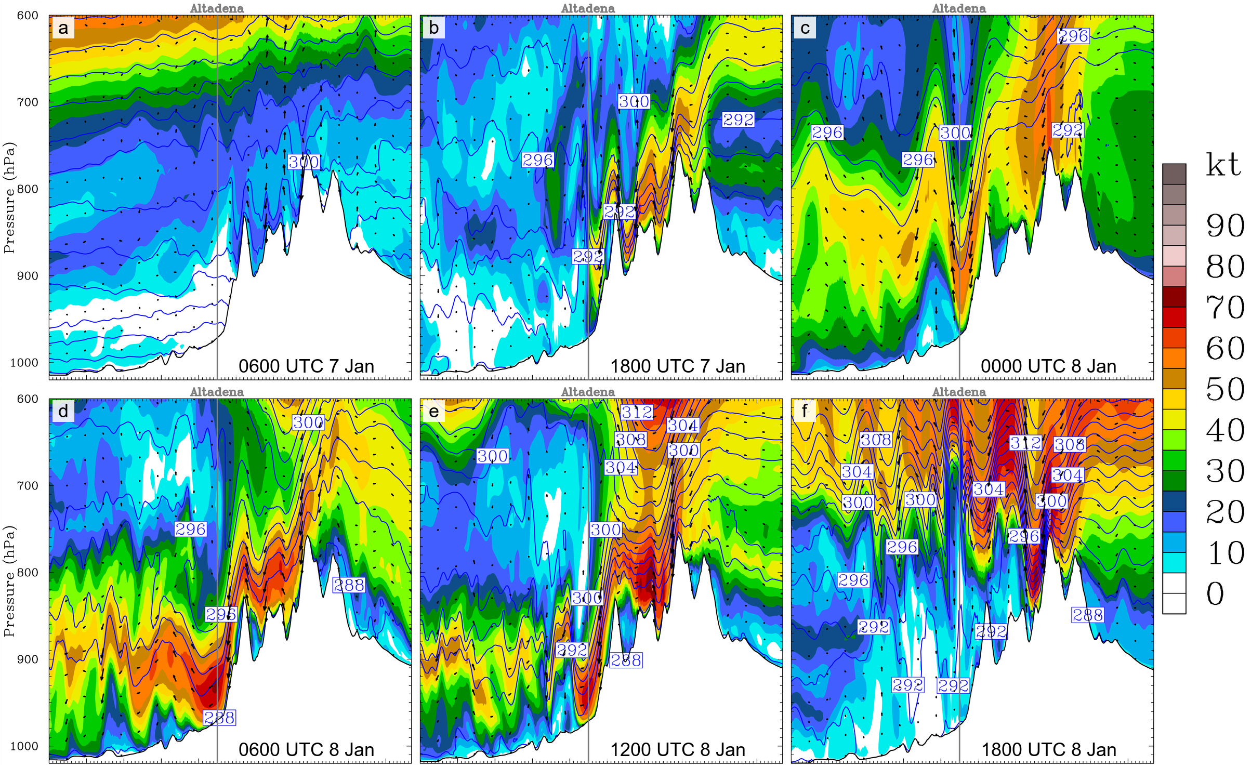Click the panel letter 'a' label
(x=63, y=28)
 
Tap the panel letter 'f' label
(x=804, y=411)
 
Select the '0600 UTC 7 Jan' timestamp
(x=306, y=366)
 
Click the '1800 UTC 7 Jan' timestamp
(x=677, y=366)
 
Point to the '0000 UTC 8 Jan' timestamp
(x=1048, y=366)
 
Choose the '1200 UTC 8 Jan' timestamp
(x=677, y=750)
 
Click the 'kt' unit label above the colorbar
(x=1223, y=166)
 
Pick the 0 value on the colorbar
(x=1215, y=594)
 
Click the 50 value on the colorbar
(x=1225, y=389)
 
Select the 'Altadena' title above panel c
(x=959, y=8)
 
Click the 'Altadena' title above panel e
(x=588, y=392)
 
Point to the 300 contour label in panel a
(x=304, y=162)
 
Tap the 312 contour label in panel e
(x=637, y=413)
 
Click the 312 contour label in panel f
(x=1025, y=443)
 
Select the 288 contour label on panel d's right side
(x=349, y=586)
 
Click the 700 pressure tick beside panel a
(x=28, y=102)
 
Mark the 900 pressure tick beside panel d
(x=28, y=659)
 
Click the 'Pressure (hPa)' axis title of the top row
(x=9, y=197)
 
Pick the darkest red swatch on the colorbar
(x=1174, y=297)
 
